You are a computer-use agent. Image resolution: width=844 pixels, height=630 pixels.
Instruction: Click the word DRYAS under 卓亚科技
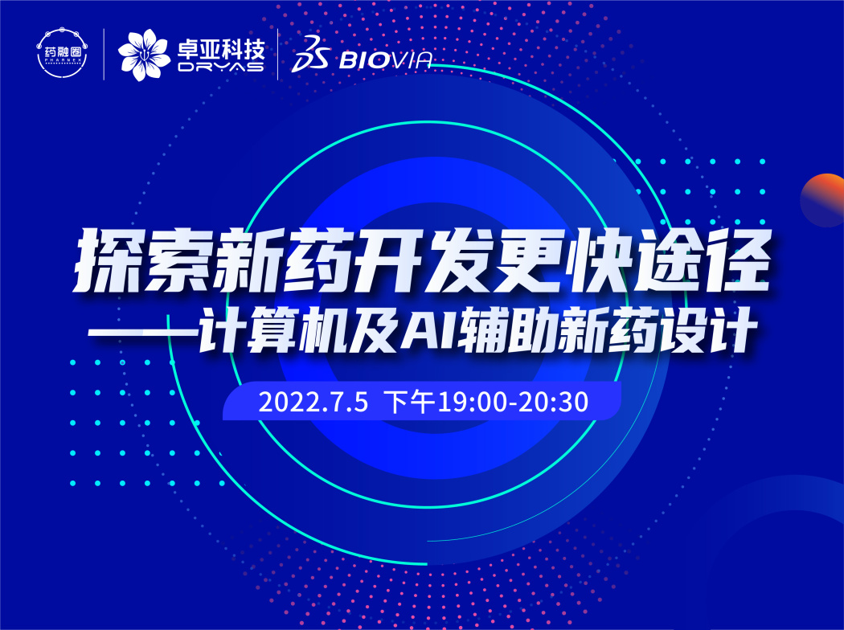(x=219, y=67)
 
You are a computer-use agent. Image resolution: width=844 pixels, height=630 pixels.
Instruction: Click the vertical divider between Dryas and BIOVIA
(x=278, y=55)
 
